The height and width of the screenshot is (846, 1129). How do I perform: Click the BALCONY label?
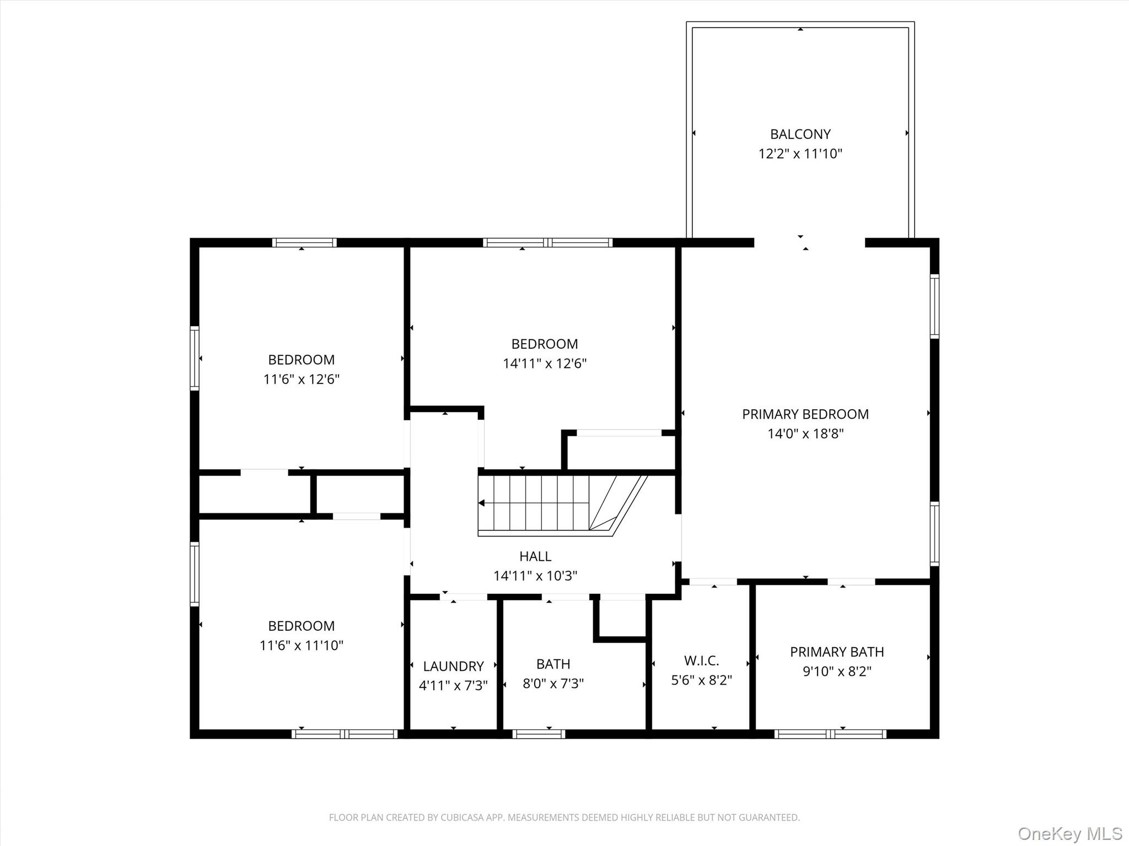pyautogui.click(x=800, y=134)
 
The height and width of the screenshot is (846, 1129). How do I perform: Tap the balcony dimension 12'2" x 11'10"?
pyautogui.click(x=800, y=154)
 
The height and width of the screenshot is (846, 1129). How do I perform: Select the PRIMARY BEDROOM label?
pyautogui.click(x=805, y=414)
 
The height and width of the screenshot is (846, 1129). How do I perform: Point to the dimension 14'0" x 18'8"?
pyautogui.click(x=805, y=434)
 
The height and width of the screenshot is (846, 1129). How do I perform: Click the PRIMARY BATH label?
pyautogui.click(x=837, y=652)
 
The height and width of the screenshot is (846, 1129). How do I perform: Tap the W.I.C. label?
pyautogui.click(x=701, y=660)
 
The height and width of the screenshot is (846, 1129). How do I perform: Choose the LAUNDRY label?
pyautogui.click(x=453, y=666)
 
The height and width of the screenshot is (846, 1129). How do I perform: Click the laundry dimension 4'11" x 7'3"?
pyautogui.click(x=453, y=686)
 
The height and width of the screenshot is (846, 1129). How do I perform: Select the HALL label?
pyautogui.click(x=535, y=556)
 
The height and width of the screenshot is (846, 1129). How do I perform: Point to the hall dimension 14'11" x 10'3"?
pyautogui.click(x=535, y=576)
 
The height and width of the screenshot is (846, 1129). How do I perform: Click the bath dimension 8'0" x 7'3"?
pyautogui.click(x=553, y=684)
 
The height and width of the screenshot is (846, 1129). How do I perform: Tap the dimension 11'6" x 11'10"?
pyautogui.click(x=301, y=646)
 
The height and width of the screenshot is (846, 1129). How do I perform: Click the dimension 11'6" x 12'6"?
pyautogui.click(x=301, y=379)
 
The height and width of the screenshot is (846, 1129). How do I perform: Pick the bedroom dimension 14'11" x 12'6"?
pyautogui.click(x=544, y=364)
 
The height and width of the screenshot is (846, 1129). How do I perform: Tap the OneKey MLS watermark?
pyautogui.click(x=1070, y=833)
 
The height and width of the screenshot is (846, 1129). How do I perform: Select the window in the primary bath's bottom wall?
pyautogui.click(x=830, y=734)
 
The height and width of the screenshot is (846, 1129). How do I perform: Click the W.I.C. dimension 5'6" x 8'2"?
pyautogui.click(x=701, y=680)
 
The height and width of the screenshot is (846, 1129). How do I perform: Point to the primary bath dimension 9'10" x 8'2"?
pyautogui.click(x=837, y=672)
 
